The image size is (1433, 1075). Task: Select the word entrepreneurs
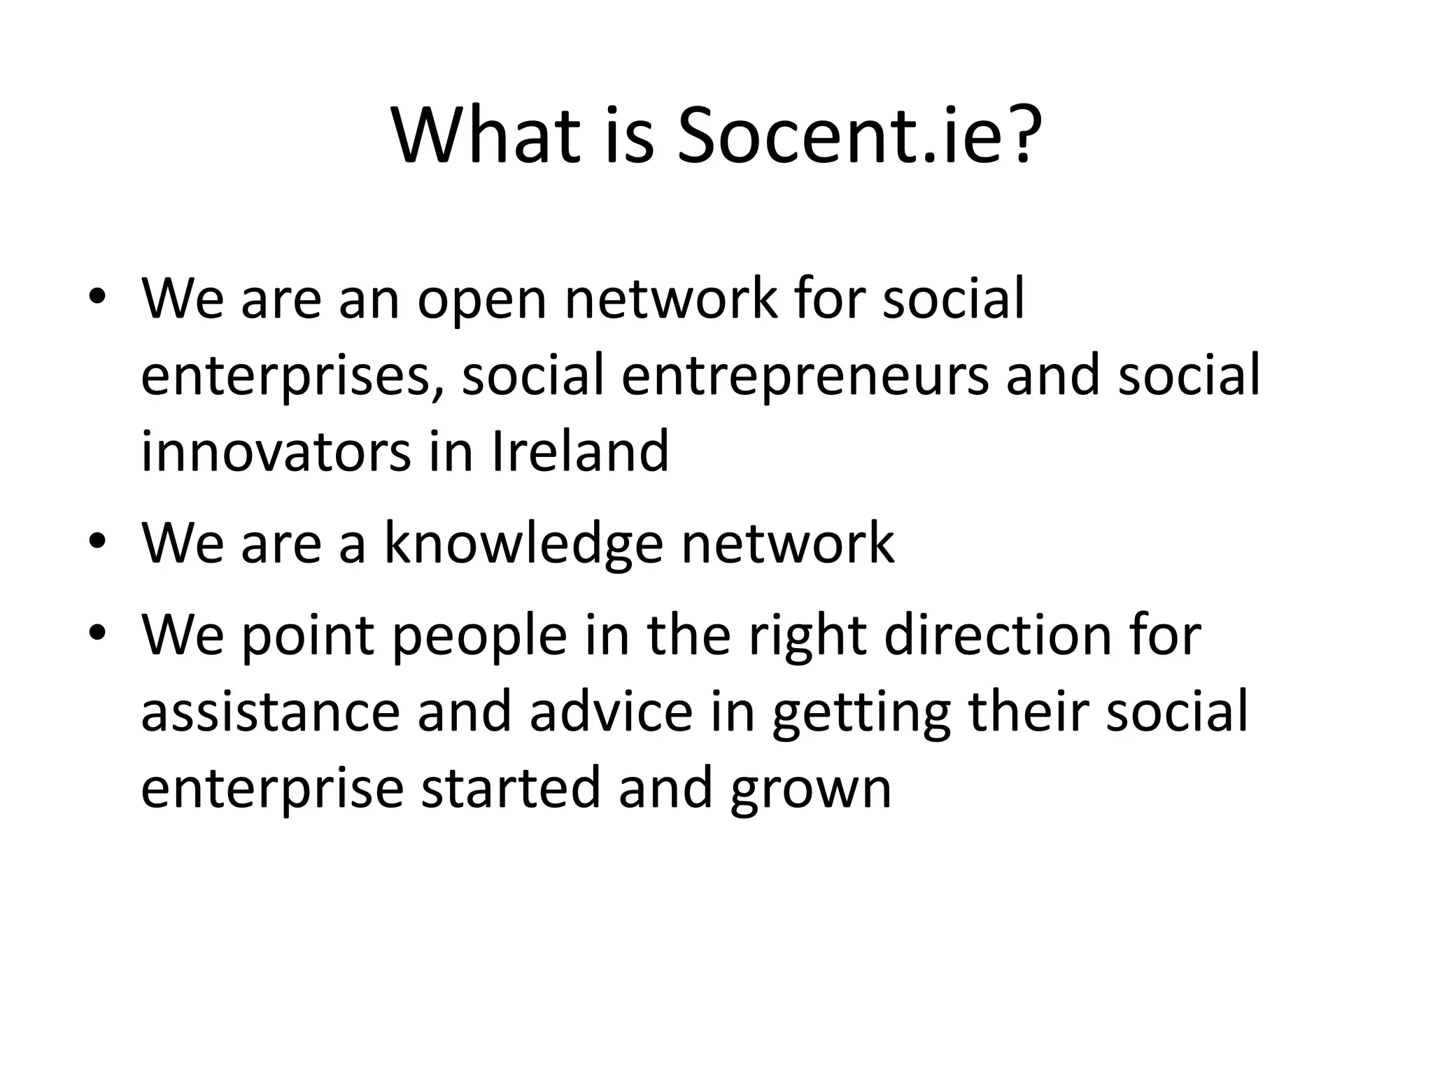tap(805, 376)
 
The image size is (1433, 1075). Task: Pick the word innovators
tap(276, 452)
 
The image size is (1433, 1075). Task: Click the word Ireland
tap(581, 452)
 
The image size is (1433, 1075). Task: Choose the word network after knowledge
tap(788, 543)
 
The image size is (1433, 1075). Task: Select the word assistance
tap(270, 712)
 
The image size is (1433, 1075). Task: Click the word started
tap(511, 789)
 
